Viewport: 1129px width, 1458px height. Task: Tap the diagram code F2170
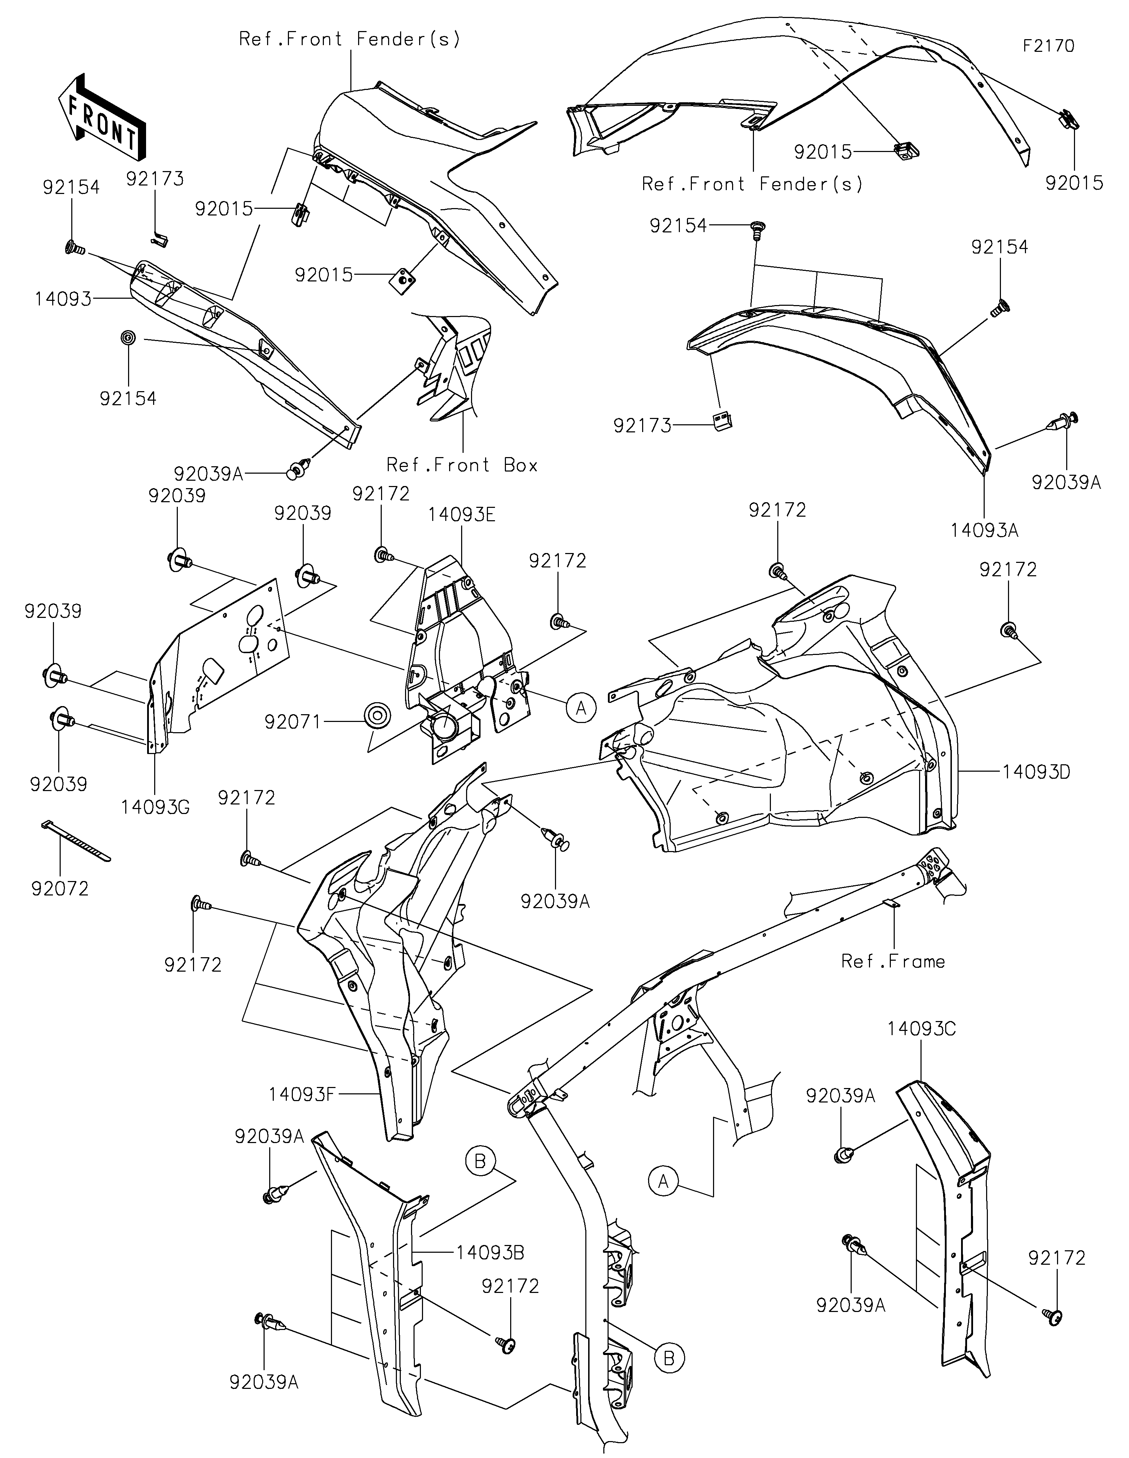[x=1049, y=46]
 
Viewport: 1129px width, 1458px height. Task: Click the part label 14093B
[x=490, y=1252]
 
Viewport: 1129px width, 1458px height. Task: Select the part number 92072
[x=60, y=888]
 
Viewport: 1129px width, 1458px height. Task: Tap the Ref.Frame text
[x=893, y=961]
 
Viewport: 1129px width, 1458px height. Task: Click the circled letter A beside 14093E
[x=581, y=707]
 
